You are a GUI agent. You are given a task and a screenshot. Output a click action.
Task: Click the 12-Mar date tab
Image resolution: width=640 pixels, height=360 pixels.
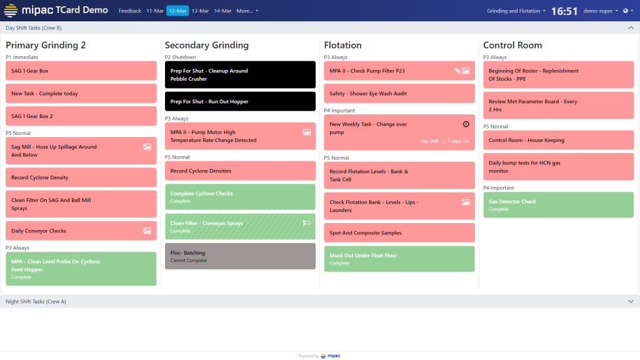coord(177,11)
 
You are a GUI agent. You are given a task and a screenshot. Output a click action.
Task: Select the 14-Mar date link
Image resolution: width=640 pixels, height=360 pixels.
coord(222,11)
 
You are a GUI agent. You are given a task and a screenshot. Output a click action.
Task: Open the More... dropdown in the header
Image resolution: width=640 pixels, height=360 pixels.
coord(247,11)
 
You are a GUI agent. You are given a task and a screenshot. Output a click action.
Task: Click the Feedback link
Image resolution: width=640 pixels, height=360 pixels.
coord(130,11)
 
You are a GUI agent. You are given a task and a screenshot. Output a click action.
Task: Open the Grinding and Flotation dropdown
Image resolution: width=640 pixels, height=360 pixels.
coord(516,11)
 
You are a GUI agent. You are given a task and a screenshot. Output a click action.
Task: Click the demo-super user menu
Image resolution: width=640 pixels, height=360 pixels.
coord(601,11)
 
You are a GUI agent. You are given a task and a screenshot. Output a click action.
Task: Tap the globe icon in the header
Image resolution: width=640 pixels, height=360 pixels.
coord(627,11)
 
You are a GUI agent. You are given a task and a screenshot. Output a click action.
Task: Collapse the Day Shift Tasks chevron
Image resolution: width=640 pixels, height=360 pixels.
coord(630,27)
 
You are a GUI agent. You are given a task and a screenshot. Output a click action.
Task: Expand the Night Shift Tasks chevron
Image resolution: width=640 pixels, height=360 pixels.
coord(630,301)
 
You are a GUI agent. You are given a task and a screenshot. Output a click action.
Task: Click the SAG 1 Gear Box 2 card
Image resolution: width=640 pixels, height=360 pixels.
coord(81,116)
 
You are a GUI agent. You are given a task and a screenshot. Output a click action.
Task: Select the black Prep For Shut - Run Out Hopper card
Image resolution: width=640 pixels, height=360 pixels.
coord(239,101)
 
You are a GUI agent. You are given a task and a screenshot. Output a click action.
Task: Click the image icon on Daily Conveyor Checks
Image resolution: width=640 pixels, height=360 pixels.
coord(147,231)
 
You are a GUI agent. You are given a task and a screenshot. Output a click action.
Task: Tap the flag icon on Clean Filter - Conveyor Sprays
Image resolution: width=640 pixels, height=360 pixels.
coord(306,223)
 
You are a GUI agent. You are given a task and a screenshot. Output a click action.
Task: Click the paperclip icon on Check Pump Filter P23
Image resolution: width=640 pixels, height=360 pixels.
coord(457,71)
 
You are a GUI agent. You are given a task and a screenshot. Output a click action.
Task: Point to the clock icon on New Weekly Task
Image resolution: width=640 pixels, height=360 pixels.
coord(466,124)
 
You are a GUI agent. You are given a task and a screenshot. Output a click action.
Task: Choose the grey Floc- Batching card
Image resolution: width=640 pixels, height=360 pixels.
coord(239,256)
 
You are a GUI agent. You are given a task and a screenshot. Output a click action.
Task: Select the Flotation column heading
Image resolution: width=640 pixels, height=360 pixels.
coord(342,45)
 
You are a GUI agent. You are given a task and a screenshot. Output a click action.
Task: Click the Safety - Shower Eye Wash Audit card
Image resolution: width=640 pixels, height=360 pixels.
coord(399,94)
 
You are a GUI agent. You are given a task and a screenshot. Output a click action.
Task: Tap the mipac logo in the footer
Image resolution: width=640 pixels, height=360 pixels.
coord(331,356)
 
